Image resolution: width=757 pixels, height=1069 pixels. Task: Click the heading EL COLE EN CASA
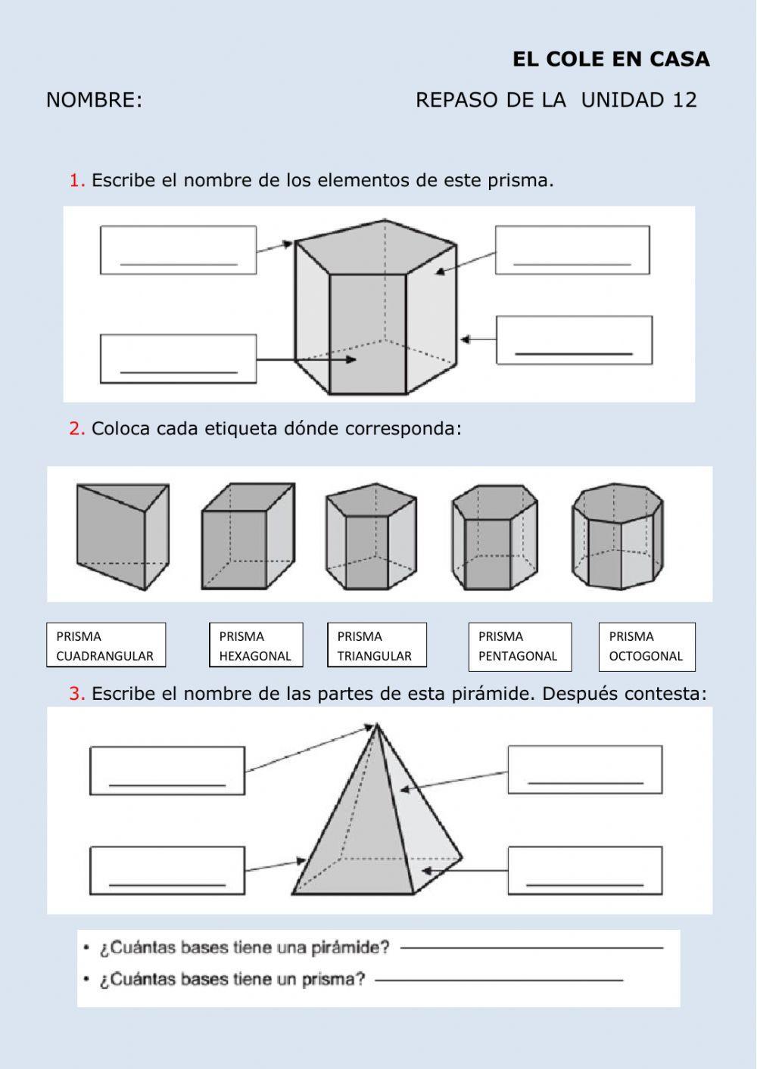611,60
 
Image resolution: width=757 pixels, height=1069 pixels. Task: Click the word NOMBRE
94,101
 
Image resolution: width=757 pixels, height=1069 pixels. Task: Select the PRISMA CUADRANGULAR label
106,645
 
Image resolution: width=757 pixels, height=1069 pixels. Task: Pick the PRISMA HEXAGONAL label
256,645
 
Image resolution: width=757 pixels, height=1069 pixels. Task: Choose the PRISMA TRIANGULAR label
376,645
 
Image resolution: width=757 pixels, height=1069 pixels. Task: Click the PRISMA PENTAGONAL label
519,645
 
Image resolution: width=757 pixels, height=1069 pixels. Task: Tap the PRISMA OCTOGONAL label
646,645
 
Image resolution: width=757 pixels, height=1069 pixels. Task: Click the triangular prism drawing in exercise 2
122,536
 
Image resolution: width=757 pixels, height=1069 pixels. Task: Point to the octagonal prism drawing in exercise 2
618,536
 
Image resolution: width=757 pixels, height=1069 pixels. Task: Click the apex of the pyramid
376,726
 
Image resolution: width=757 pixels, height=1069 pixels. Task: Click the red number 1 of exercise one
76,181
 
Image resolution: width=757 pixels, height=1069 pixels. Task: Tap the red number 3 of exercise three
76,694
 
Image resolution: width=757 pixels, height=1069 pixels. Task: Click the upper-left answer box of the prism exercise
178,250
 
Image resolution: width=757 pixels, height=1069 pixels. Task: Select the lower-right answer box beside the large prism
574,340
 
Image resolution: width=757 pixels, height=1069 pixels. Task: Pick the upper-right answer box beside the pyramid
584,769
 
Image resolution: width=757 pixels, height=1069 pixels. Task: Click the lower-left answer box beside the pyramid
167,870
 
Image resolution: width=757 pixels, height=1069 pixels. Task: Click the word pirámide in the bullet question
355,947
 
